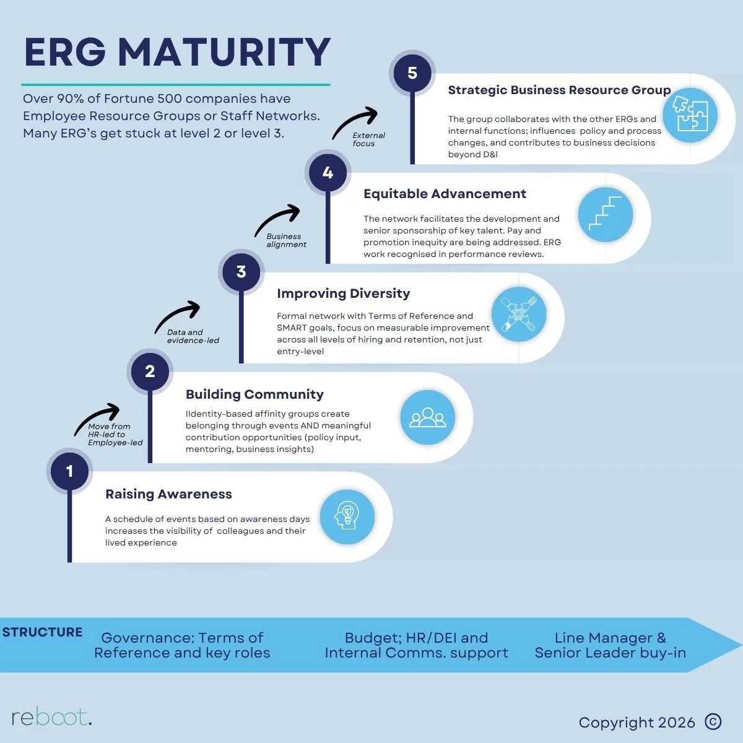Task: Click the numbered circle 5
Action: tap(412, 73)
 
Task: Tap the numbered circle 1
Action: tap(69, 471)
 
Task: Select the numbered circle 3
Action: tap(241, 271)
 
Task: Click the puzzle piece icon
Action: tap(690, 115)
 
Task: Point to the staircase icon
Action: tap(605, 214)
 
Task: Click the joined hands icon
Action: tap(518, 315)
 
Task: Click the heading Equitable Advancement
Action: tap(445, 194)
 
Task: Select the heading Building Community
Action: tap(254, 394)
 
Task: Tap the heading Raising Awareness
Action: tap(168, 494)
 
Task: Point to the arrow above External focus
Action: tap(355, 121)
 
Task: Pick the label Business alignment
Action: tap(285, 240)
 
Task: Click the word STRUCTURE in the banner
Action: tap(42, 632)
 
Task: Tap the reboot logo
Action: tap(51, 718)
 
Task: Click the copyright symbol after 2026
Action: tap(713, 721)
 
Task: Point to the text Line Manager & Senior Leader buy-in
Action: tap(610, 645)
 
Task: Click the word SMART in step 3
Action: tap(292, 328)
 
